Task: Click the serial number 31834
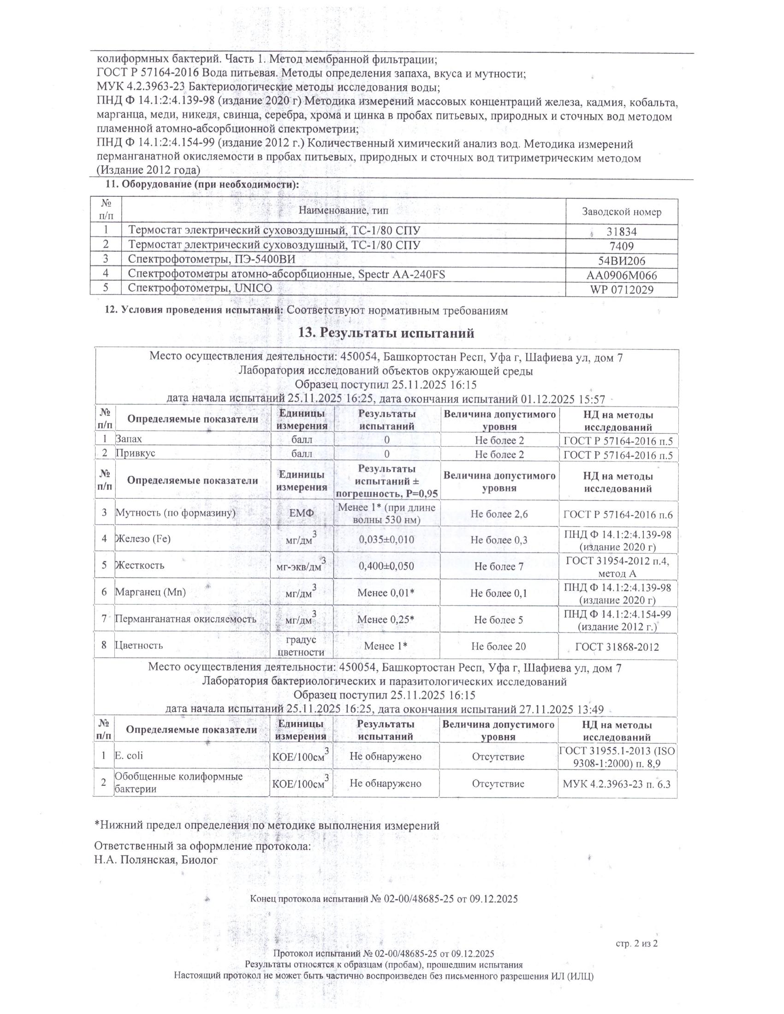click(621, 232)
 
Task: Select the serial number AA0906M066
click(622, 275)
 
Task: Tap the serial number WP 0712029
click(622, 290)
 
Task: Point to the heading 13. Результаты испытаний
click(388, 333)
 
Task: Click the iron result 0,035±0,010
click(386, 540)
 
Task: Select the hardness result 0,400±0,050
click(386, 566)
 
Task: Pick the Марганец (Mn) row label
click(150, 592)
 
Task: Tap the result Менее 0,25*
click(386, 619)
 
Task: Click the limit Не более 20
click(499, 646)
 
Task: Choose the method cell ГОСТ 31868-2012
click(617, 647)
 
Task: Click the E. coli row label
click(129, 755)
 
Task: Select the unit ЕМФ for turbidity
click(302, 513)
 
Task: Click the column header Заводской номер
click(622, 212)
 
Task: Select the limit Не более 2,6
click(499, 514)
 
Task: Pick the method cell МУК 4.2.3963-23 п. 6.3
click(617, 784)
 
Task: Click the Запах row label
click(129, 439)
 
